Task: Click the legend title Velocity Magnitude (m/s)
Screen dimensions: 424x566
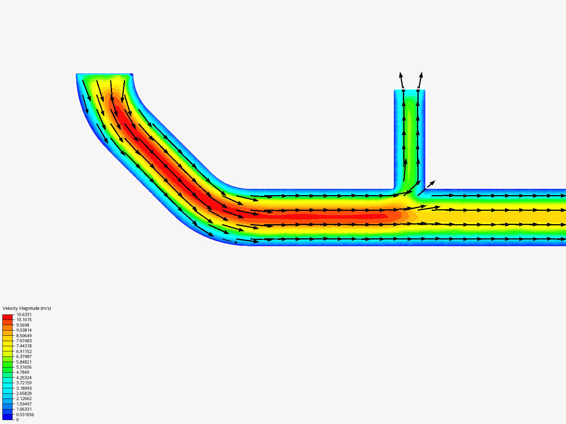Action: (x=27, y=308)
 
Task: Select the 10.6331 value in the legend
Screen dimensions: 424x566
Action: (x=24, y=314)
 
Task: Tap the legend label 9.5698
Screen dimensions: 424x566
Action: (x=23, y=325)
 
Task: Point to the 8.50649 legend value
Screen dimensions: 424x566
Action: (x=24, y=336)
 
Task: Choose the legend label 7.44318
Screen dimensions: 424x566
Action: (x=24, y=346)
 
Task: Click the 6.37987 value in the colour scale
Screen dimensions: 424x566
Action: (x=24, y=356)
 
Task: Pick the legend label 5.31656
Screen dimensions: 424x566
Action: (x=24, y=367)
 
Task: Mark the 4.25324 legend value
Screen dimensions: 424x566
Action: (x=24, y=378)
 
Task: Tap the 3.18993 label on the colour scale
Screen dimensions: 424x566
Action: (x=24, y=388)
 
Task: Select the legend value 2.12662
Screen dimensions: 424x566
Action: (x=24, y=398)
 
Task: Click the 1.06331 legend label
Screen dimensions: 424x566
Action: (x=24, y=409)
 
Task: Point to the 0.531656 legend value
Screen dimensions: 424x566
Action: (x=25, y=415)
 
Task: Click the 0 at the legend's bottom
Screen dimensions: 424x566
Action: (x=17, y=420)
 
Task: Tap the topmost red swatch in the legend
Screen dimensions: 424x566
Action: (x=7, y=317)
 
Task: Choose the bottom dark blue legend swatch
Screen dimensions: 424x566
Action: (x=7, y=417)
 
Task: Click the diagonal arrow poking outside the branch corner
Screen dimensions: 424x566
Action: (x=432, y=183)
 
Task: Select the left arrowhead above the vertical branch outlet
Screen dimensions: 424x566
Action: (x=401, y=75)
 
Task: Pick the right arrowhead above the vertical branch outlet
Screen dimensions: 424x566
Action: (x=421, y=75)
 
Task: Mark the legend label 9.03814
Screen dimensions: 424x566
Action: (x=24, y=330)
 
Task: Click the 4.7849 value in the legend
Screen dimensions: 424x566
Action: (x=23, y=372)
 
